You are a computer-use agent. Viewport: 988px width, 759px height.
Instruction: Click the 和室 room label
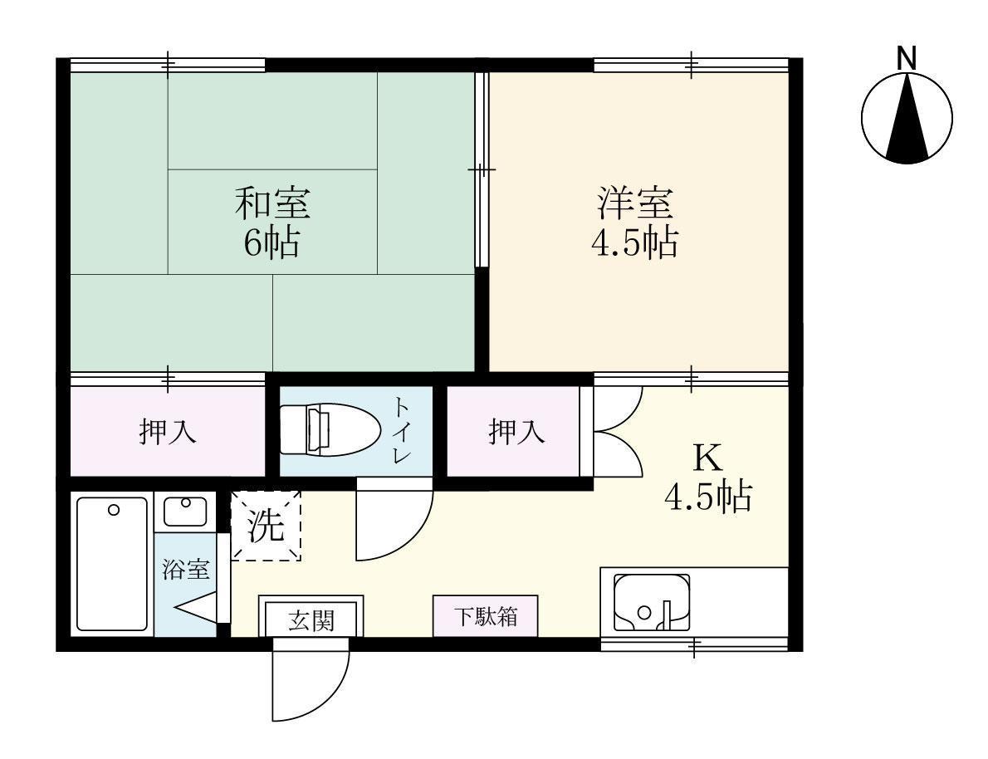click(272, 202)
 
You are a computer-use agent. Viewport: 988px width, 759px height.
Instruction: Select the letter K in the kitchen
click(707, 457)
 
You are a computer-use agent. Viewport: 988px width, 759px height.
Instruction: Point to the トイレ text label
click(402, 430)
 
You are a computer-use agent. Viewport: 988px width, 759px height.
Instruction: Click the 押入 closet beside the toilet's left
click(168, 431)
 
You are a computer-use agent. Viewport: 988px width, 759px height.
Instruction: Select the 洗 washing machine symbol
click(266, 526)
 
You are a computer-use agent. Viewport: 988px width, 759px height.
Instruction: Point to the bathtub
click(112, 564)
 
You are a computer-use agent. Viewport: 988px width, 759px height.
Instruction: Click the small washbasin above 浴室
click(185, 510)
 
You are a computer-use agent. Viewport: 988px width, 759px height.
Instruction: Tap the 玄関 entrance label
click(311, 619)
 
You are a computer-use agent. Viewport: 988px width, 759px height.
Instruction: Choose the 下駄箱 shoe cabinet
click(486, 616)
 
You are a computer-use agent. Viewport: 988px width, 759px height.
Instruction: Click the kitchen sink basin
click(649, 602)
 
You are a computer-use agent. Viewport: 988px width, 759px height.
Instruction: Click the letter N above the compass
click(907, 58)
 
